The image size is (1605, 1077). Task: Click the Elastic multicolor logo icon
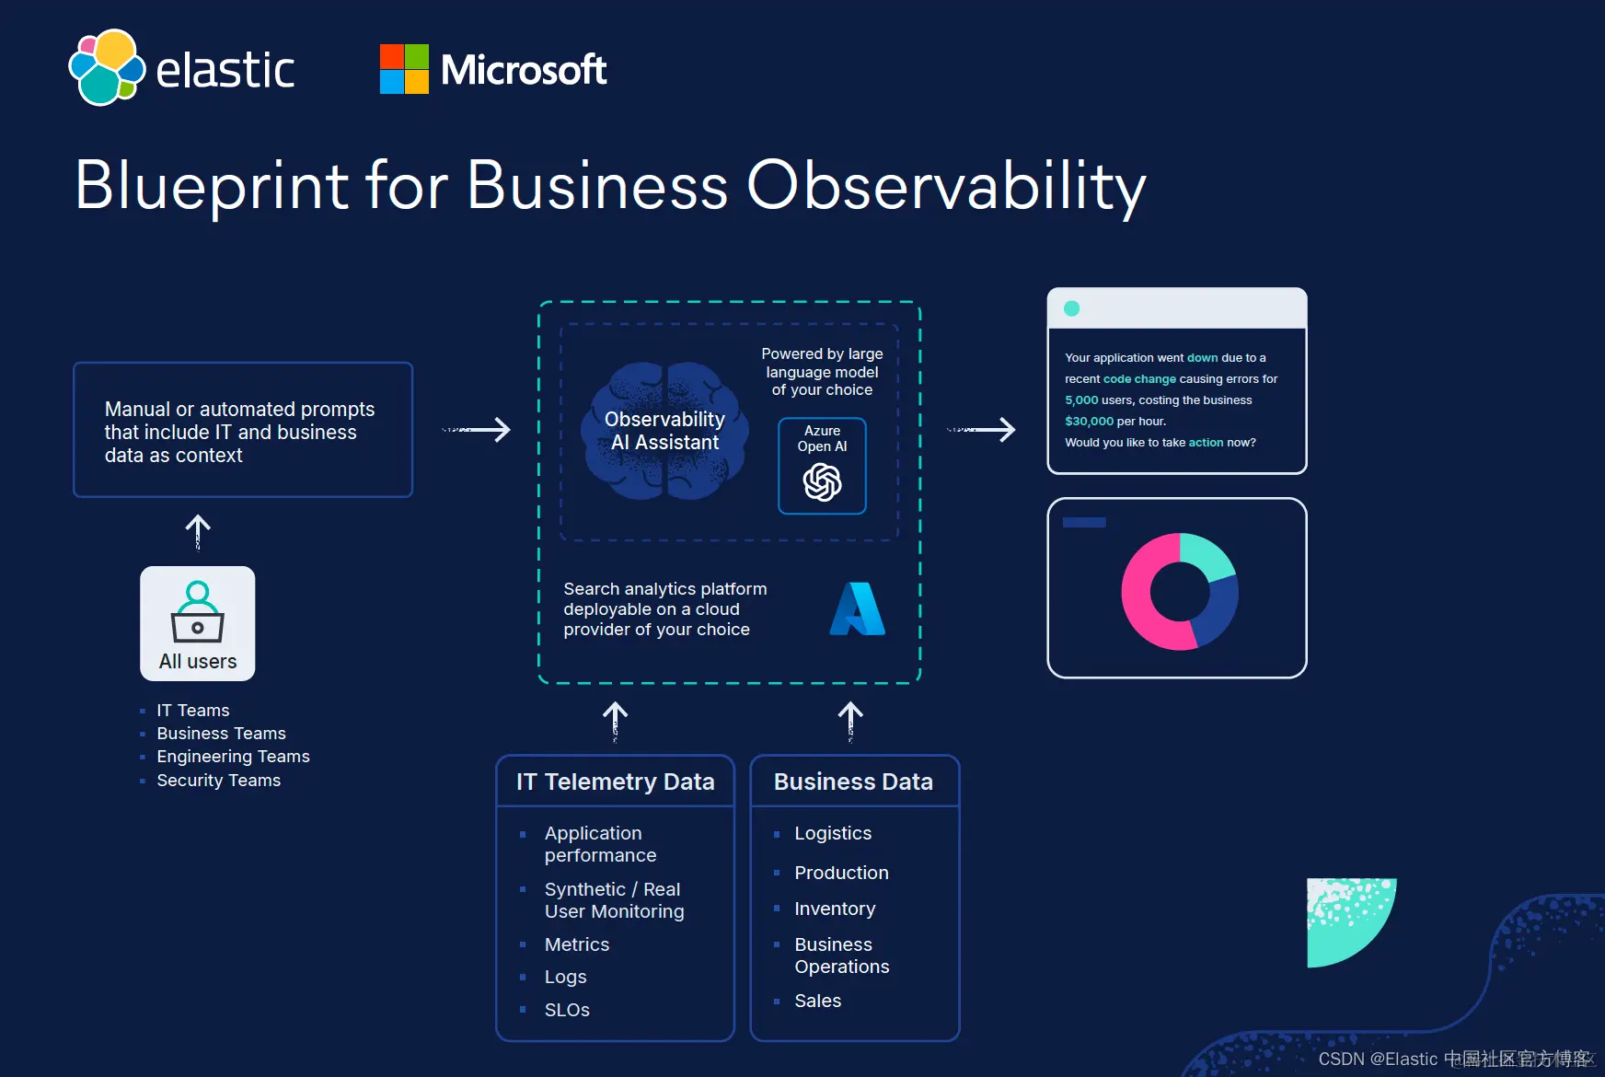click(107, 68)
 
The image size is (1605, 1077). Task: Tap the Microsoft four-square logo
click(404, 69)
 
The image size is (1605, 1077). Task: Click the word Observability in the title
click(946, 186)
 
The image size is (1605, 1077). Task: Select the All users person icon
click(197, 611)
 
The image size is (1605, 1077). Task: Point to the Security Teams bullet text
click(218, 781)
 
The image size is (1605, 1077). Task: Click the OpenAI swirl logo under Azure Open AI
click(822, 481)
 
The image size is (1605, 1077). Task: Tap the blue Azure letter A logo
click(857, 609)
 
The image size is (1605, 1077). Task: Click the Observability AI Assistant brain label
click(664, 431)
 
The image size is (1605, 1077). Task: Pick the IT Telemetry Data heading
click(615, 782)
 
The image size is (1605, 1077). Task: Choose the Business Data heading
click(853, 782)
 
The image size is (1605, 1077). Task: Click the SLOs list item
click(567, 1010)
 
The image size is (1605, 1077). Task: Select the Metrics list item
click(577, 944)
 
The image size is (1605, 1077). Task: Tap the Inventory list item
click(835, 909)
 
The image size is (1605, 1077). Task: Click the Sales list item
click(817, 1001)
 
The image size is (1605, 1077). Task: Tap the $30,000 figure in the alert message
click(1089, 422)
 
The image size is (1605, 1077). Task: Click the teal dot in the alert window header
click(1071, 308)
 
